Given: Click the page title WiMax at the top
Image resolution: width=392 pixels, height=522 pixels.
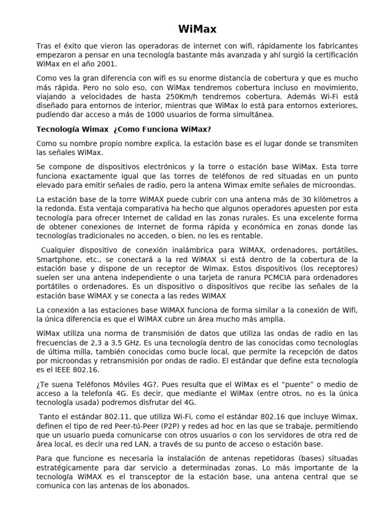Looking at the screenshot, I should [197, 29].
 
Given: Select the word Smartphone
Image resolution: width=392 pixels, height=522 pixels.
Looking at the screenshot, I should [57, 259].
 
